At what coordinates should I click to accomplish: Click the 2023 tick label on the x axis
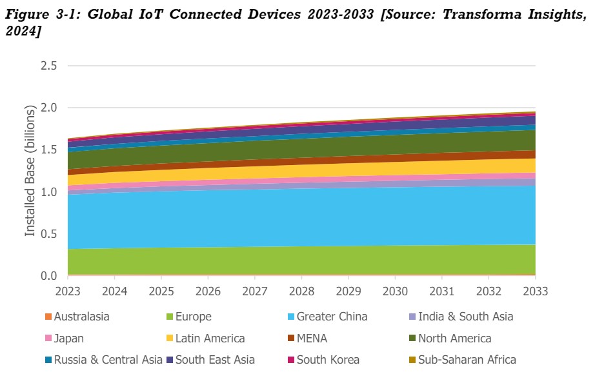pos(68,291)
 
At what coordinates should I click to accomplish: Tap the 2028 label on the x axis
pos(301,291)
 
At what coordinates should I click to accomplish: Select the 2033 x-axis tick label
pos(535,291)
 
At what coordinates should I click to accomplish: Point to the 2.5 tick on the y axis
pos(49,66)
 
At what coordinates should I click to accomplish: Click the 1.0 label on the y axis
pos(49,192)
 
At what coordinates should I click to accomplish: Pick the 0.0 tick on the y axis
pos(49,276)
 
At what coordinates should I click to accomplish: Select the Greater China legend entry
pos(332,317)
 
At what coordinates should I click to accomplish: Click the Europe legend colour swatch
pos(170,317)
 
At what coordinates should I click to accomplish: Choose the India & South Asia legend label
pos(465,317)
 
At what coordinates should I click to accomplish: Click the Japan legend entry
pos(68,339)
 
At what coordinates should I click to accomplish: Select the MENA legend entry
pos(313,339)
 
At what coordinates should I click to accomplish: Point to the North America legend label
pos(454,339)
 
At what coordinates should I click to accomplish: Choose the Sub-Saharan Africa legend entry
pos(467,360)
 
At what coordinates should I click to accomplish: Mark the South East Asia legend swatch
pos(170,360)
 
